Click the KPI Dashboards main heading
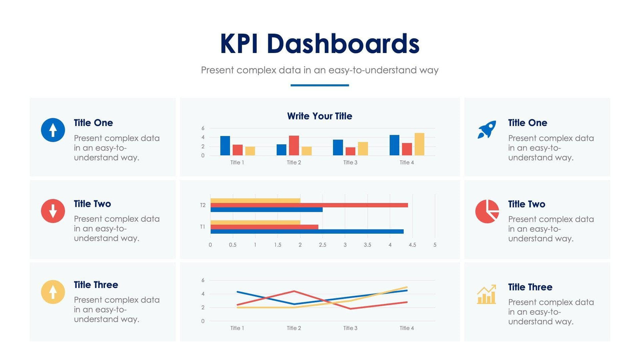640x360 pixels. [x=320, y=43]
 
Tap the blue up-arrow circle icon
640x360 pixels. [x=53, y=130]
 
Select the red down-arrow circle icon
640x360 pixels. [x=53, y=211]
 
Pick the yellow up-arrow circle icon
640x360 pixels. [x=53, y=292]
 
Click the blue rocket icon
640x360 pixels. [x=487, y=130]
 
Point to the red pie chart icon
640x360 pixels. [x=487, y=211]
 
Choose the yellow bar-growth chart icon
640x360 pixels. [x=486, y=295]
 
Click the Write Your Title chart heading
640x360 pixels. [x=320, y=116]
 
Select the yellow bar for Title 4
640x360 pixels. [x=419, y=144]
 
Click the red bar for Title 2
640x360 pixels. [x=294, y=145]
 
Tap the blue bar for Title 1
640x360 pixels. [x=225, y=146]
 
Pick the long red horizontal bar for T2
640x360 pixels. [x=309, y=205]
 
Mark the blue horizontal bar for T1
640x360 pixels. [x=307, y=232]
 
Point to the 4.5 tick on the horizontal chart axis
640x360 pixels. [x=412, y=245]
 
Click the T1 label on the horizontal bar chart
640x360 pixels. [x=202, y=227]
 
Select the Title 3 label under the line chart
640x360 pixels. [x=350, y=328]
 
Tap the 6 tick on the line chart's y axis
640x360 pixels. [x=203, y=280]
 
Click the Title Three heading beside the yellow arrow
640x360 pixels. [x=96, y=285]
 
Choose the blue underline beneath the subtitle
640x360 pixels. [x=320, y=85]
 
